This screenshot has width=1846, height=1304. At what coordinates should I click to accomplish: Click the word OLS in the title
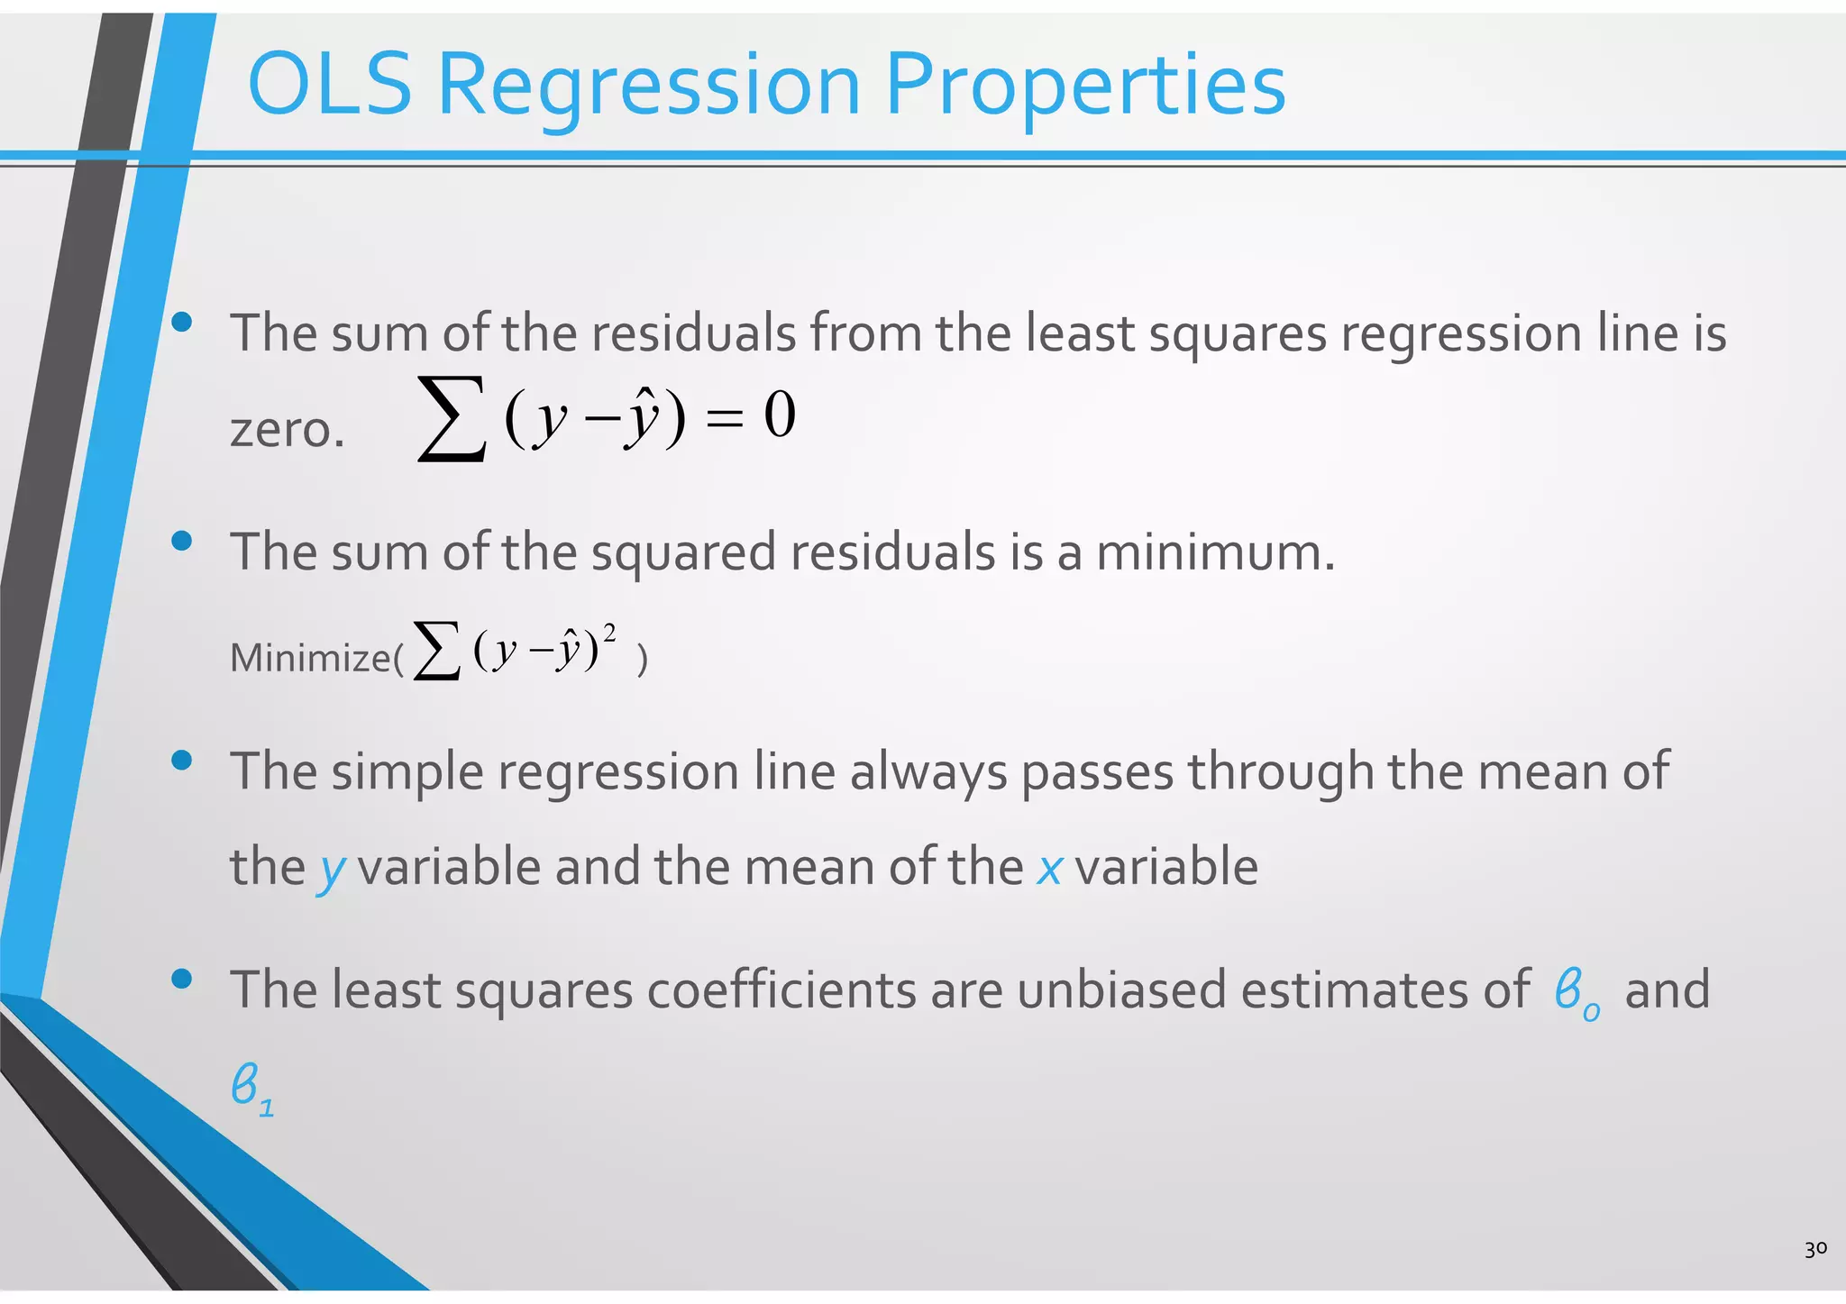coord(330,86)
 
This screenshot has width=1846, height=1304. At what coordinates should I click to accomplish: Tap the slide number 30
coord(1815,1248)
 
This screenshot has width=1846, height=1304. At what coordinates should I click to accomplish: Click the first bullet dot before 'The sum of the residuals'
coord(182,322)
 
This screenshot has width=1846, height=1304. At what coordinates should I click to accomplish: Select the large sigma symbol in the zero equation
coord(452,420)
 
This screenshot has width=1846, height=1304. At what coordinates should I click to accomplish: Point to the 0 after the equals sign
coord(780,415)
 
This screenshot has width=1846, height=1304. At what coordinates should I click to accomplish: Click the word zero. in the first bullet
coord(288,430)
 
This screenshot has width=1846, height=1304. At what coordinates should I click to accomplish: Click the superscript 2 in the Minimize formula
coord(610,633)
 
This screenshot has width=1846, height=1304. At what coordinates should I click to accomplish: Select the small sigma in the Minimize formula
coord(437,651)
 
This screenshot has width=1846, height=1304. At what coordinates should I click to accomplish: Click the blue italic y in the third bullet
coord(333,869)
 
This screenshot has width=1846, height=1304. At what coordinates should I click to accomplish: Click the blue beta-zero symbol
coord(1576,992)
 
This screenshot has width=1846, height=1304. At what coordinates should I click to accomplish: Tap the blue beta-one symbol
coord(251,1089)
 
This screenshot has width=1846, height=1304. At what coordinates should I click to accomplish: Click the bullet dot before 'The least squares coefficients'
coord(182,979)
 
